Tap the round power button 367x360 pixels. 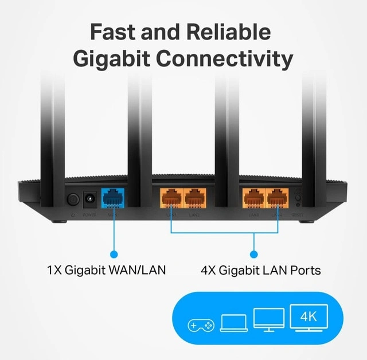pos(73,199)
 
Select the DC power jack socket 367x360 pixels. pos(91,199)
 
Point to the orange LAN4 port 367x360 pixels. pos(276,198)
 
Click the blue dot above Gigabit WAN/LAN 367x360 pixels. pos(114,253)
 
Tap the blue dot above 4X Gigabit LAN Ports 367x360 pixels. pos(254,253)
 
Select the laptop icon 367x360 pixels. pos(233,323)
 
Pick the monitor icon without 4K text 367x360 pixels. pos(268,320)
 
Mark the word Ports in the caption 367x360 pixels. pos(304,269)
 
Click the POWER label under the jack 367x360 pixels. pos(91,216)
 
